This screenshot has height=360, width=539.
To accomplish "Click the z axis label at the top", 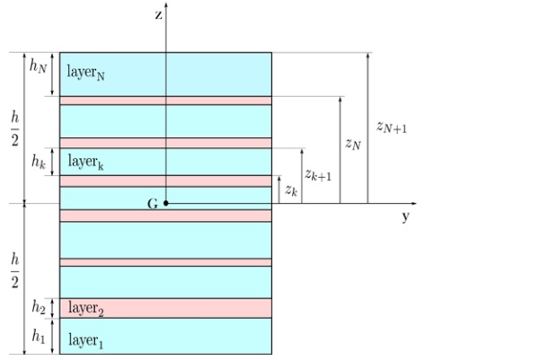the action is click(158, 15).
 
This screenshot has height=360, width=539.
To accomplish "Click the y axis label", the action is click(406, 216).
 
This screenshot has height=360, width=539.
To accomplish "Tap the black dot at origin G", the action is click(165, 203).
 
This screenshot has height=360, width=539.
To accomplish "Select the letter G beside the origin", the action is click(153, 204).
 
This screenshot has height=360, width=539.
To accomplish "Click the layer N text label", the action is click(85, 73).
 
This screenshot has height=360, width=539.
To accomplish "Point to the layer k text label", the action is click(85, 162).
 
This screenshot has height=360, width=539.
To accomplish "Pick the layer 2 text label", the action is click(86, 308).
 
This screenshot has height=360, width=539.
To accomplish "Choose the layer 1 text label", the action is click(85, 340).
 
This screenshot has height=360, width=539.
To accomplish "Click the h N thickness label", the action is click(38, 66).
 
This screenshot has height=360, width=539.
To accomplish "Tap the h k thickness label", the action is click(39, 161).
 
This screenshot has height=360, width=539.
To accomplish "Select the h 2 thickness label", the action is click(39, 307).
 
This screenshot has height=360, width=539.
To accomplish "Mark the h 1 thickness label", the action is click(39, 336).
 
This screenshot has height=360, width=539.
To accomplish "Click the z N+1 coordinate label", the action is click(392, 127).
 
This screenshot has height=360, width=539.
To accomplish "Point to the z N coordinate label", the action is click(353, 144).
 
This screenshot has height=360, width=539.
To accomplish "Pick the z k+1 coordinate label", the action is click(318, 175).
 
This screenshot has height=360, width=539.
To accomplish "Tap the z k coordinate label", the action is click(291, 190).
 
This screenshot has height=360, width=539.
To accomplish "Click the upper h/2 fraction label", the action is click(14, 128).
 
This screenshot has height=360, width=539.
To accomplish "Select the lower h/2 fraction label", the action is click(14, 271).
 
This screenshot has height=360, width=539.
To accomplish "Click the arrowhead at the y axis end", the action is click(414, 204).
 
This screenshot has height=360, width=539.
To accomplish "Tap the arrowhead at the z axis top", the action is click(166, 5).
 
